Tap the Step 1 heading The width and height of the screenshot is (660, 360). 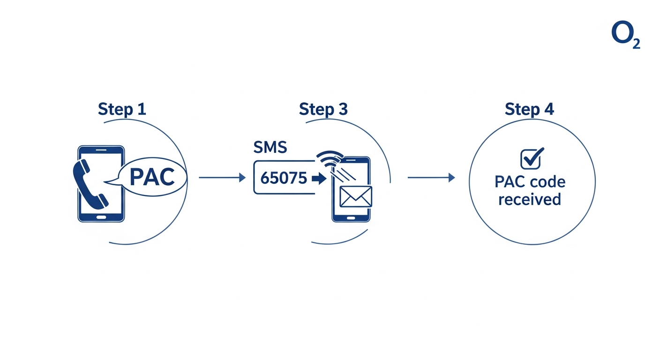[122, 109]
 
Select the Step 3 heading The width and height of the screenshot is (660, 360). [323, 109]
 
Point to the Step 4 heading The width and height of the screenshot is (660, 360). [529, 109]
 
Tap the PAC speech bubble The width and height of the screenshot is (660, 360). [152, 178]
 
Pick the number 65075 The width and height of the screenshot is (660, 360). [284, 178]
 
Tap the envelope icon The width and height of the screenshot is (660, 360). [356, 196]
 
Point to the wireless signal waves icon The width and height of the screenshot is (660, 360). [329, 158]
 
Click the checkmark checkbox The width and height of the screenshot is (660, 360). [532, 158]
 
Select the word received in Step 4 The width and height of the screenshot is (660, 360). [530, 199]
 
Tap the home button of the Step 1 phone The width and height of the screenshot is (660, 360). [101, 217]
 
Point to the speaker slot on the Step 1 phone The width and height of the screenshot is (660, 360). [101, 150]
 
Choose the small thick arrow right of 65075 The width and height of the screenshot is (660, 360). [319, 179]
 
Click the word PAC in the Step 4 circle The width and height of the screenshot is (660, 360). [510, 182]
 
